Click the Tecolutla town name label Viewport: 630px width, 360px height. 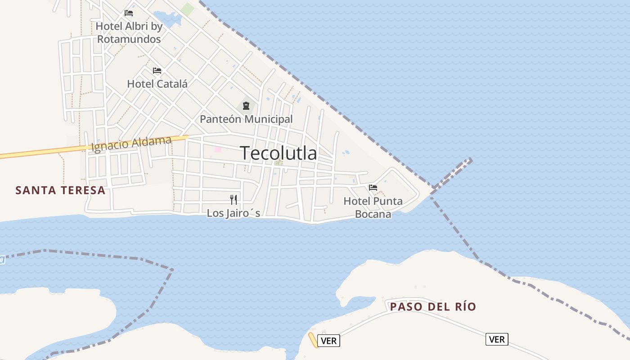(278, 153)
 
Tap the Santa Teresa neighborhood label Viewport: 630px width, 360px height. (60, 190)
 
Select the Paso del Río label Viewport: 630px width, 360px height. (433, 307)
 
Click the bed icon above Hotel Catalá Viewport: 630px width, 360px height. (157, 71)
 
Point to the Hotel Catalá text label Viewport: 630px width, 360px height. (157, 84)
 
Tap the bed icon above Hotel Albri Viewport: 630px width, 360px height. (129, 13)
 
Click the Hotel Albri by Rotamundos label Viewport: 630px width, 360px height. (129, 33)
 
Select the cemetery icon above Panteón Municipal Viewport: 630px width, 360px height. (246, 106)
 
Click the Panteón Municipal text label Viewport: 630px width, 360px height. (246, 119)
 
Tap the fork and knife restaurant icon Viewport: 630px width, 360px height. (234, 199)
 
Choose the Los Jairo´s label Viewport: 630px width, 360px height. (234, 213)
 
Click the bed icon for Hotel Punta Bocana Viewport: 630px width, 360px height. (373, 188)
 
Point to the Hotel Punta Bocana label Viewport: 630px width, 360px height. (373, 207)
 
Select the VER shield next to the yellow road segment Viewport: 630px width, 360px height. (329, 341)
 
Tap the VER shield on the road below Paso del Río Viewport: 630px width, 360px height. (497, 339)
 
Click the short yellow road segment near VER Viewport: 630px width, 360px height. (313, 340)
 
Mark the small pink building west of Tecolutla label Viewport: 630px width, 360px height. (218, 149)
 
